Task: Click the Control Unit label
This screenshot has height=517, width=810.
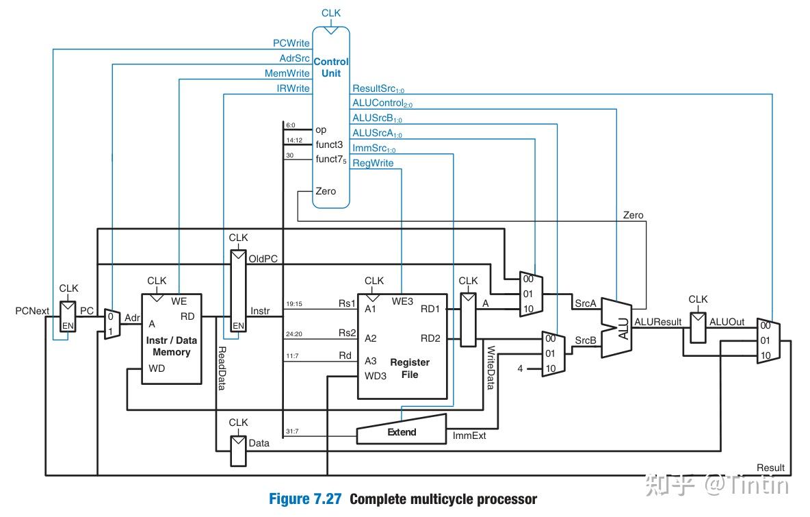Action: pos(331,67)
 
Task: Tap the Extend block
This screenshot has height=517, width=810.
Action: pos(402,432)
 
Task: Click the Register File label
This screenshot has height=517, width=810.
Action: pos(409,368)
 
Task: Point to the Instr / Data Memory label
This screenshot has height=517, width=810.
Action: pos(171,346)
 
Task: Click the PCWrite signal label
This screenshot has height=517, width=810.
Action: pos(291,43)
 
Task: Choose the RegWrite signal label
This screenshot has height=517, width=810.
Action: pos(372,163)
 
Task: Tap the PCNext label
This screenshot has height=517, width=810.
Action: pos(32,311)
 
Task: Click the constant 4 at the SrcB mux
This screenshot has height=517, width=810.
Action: pos(520,369)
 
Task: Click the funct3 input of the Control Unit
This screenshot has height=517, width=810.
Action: pos(328,144)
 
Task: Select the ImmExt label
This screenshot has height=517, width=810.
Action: pos(469,436)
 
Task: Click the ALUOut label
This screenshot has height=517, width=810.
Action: pos(727,321)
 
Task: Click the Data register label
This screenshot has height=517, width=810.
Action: pos(259,443)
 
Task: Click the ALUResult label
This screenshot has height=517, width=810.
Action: pos(657,321)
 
